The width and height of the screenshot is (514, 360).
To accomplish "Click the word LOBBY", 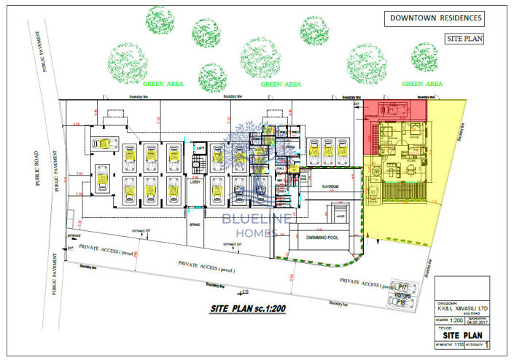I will click(195, 181).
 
